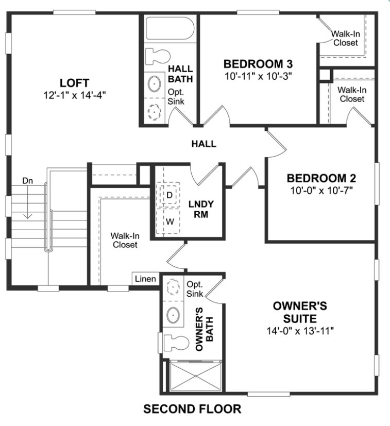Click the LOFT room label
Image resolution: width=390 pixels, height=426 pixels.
pos(75,83)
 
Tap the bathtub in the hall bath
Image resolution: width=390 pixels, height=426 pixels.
pos(170,28)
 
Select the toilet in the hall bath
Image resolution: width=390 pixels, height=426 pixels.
pos(158,56)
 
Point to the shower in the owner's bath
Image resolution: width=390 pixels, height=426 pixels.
pos(195,376)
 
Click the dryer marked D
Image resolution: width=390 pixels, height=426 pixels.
pos(169,195)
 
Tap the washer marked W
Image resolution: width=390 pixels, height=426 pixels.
pos(169,221)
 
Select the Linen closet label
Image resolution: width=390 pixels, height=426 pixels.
pos(145,279)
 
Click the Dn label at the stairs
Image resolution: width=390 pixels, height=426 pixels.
pos(27,181)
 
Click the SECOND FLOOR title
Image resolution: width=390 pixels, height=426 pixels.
pos(192,409)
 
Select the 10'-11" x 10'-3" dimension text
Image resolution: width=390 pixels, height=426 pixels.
pos(258,76)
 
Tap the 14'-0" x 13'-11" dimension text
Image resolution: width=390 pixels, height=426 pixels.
pos(300,331)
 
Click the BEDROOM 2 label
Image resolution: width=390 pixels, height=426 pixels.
pos(321,178)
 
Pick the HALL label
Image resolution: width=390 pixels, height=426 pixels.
pos(204,144)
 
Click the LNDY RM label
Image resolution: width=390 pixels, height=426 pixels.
pos(201,209)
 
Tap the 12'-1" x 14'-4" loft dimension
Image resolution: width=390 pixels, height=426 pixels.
pos(75,95)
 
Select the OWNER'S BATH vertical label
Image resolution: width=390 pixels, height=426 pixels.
pos(205,329)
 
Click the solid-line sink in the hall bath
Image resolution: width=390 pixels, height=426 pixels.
pos(154,83)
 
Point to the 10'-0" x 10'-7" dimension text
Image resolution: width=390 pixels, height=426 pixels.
pos(321,191)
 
